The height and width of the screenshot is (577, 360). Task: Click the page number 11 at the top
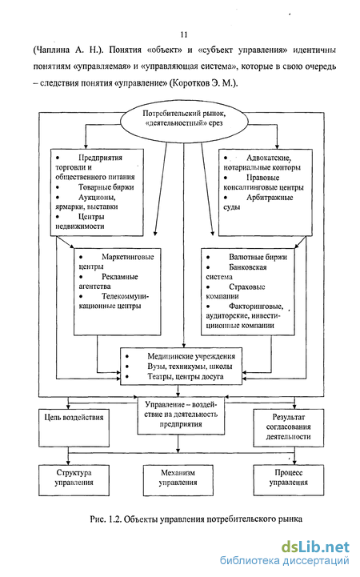(184, 34)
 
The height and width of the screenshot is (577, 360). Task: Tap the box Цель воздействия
(74, 428)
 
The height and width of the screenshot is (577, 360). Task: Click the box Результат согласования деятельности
(288, 428)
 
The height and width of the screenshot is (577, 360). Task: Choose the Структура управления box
(74, 480)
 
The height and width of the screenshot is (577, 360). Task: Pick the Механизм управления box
(178, 480)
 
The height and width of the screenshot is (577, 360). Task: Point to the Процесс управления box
(288, 480)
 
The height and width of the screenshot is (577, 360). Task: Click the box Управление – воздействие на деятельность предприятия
(181, 415)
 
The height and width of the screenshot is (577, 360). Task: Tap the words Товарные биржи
(106, 187)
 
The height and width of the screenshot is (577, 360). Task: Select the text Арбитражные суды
(258, 202)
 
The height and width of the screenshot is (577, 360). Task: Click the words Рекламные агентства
(109, 281)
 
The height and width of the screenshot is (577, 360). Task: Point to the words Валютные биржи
(258, 257)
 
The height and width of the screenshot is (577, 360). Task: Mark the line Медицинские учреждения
(191, 356)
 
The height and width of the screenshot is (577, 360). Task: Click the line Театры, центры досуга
(186, 376)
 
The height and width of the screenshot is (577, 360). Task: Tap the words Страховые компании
(235, 291)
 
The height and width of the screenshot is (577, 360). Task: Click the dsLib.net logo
(315, 547)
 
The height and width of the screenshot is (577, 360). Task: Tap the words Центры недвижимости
(80, 222)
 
